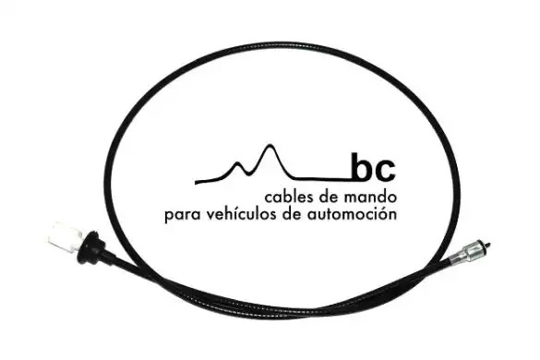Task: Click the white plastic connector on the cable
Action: (x=66, y=237)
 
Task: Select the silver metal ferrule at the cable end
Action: (x=467, y=252)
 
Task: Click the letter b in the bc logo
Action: (x=362, y=167)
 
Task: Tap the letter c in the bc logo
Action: (x=384, y=171)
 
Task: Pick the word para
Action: (x=183, y=216)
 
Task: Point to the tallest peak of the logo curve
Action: (x=271, y=145)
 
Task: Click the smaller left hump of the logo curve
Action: (x=237, y=162)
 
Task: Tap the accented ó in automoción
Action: (x=380, y=214)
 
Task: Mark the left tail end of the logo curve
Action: (x=197, y=182)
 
